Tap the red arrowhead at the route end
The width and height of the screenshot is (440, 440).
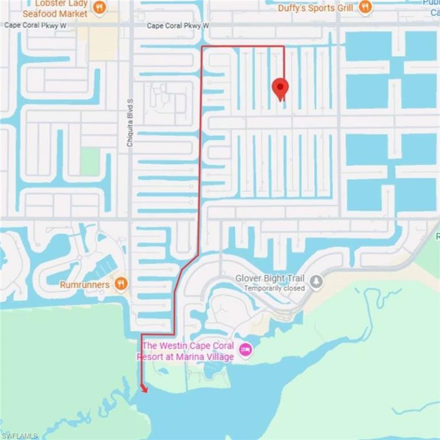(145, 389)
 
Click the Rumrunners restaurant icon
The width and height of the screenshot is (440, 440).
(122, 284)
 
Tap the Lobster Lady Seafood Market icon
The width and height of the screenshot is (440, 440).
(99, 7)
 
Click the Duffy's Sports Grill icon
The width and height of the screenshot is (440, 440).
(365, 7)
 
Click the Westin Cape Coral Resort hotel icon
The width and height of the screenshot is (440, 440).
(245, 349)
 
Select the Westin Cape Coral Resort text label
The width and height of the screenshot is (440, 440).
(188, 351)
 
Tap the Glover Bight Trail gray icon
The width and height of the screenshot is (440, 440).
(316, 282)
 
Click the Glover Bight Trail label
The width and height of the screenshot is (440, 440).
(270, 278)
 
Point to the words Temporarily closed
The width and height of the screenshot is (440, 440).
(274, 288)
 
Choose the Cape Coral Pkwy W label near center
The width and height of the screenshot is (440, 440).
(178, 26)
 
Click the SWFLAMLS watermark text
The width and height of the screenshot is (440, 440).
(19, 436)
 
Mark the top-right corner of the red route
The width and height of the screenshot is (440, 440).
(283, 47)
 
